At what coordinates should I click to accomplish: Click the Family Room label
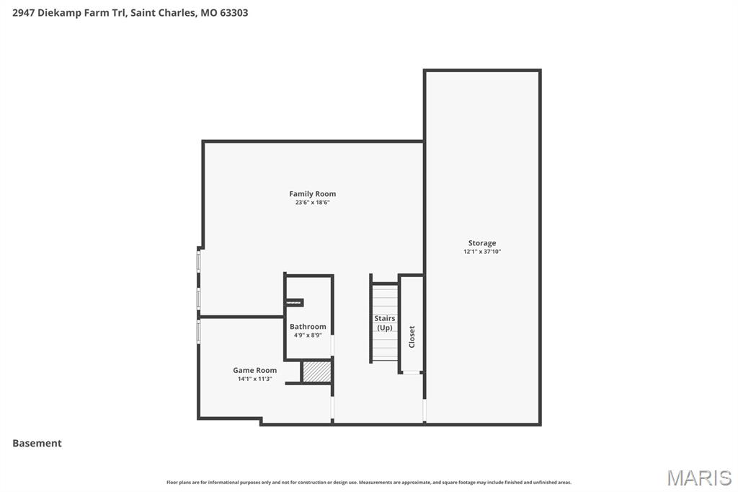click(x=312, y=194)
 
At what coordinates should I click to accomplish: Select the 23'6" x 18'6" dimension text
click(x=312, y=203)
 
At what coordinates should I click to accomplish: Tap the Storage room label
click(x=482, y=243)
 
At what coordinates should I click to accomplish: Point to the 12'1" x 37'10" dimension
click(x=482, y=252)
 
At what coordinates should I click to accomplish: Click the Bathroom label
click(x=308, y=327)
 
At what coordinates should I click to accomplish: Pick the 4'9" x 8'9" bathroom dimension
click(x=308, y=335)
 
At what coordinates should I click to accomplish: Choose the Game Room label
click(x=254, y=370)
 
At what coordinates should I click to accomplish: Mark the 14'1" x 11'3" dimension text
click(x=254, y=379)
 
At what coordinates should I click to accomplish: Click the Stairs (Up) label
click(x=385, y=322)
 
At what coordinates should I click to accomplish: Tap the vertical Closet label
click(x=412, y=336)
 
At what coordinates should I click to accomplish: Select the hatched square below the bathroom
click(x=316, y=372)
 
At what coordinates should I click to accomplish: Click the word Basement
click(x=37, y=444)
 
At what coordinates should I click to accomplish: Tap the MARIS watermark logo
click(x=698, y=478)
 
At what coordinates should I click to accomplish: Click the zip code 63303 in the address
click(x=233, y=13)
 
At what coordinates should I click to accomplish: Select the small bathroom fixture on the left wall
click(x=294, y=303)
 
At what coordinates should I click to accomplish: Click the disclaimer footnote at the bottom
click(x=369, y=483)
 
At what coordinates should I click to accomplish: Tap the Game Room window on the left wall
click(x=199, y=332)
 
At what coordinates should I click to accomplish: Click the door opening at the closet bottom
click(x=411, y=372)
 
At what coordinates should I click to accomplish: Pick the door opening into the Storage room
click(x=424, y=410)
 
